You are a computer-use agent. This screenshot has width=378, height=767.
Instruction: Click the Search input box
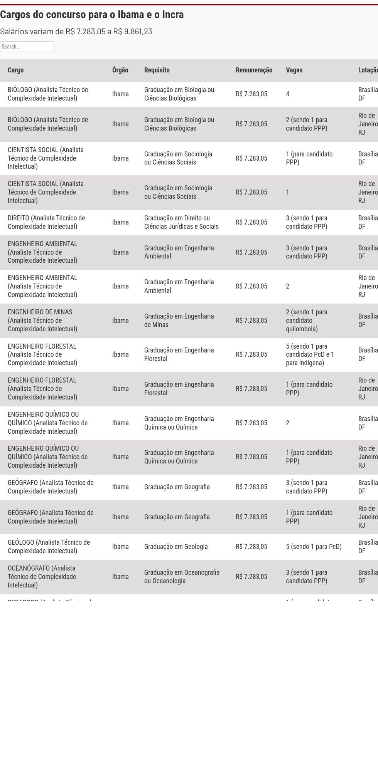pyautogui.click(x=27, y=47)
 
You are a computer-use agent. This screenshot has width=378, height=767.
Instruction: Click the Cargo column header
pyautogui.click(x=16, y=70)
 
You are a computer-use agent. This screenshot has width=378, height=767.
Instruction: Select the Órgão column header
pyautogui.click(x=120, y=70)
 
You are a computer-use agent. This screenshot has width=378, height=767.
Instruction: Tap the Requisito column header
pyautogui.click(x=157, y=70)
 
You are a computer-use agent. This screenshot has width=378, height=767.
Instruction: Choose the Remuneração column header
pyautogui.click(x=254, y=70)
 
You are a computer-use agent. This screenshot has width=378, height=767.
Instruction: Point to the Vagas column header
pyautogui.click(x=294, y=70)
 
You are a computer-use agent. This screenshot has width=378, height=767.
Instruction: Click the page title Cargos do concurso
pyautogui.click(x=92, y=15)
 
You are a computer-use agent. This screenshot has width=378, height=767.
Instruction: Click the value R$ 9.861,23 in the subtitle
pyautogui.click(x=133, y=32)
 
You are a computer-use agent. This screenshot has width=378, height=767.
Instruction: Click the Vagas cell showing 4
pyautogui.click(x=288, y=94)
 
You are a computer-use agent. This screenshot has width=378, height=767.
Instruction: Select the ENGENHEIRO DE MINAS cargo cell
pyautogui.click(x=42, y=321)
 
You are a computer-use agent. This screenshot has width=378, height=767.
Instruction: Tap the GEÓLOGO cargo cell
pyautogui.click(x=49, y=547)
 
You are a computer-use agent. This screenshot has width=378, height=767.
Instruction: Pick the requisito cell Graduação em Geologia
pyautogui.click(x=176, y=547)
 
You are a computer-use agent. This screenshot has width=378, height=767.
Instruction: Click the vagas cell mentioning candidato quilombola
pyautogui.click(x=307, y=321)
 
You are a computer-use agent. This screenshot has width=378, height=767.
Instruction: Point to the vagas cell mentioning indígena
pyautogui.click(x=310, y=354)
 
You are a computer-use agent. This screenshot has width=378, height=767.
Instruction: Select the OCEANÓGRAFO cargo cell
pyautogui.click(x=42, y=577)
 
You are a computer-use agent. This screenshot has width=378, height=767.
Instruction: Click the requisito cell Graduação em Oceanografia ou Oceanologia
pyautogui.click(x=182, y=577)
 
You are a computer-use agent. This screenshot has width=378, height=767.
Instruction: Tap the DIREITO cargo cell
pyautogui.click(x=46, y=222)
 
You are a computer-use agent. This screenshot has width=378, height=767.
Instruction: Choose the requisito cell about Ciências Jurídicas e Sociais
pyautogui.click(x=181, y=222)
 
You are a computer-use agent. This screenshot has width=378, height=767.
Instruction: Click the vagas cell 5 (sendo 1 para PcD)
pyautogui.click(x=314, y=547)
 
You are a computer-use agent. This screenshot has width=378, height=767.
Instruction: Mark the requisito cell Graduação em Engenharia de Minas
pyautogui.click(x=179, y=321)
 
